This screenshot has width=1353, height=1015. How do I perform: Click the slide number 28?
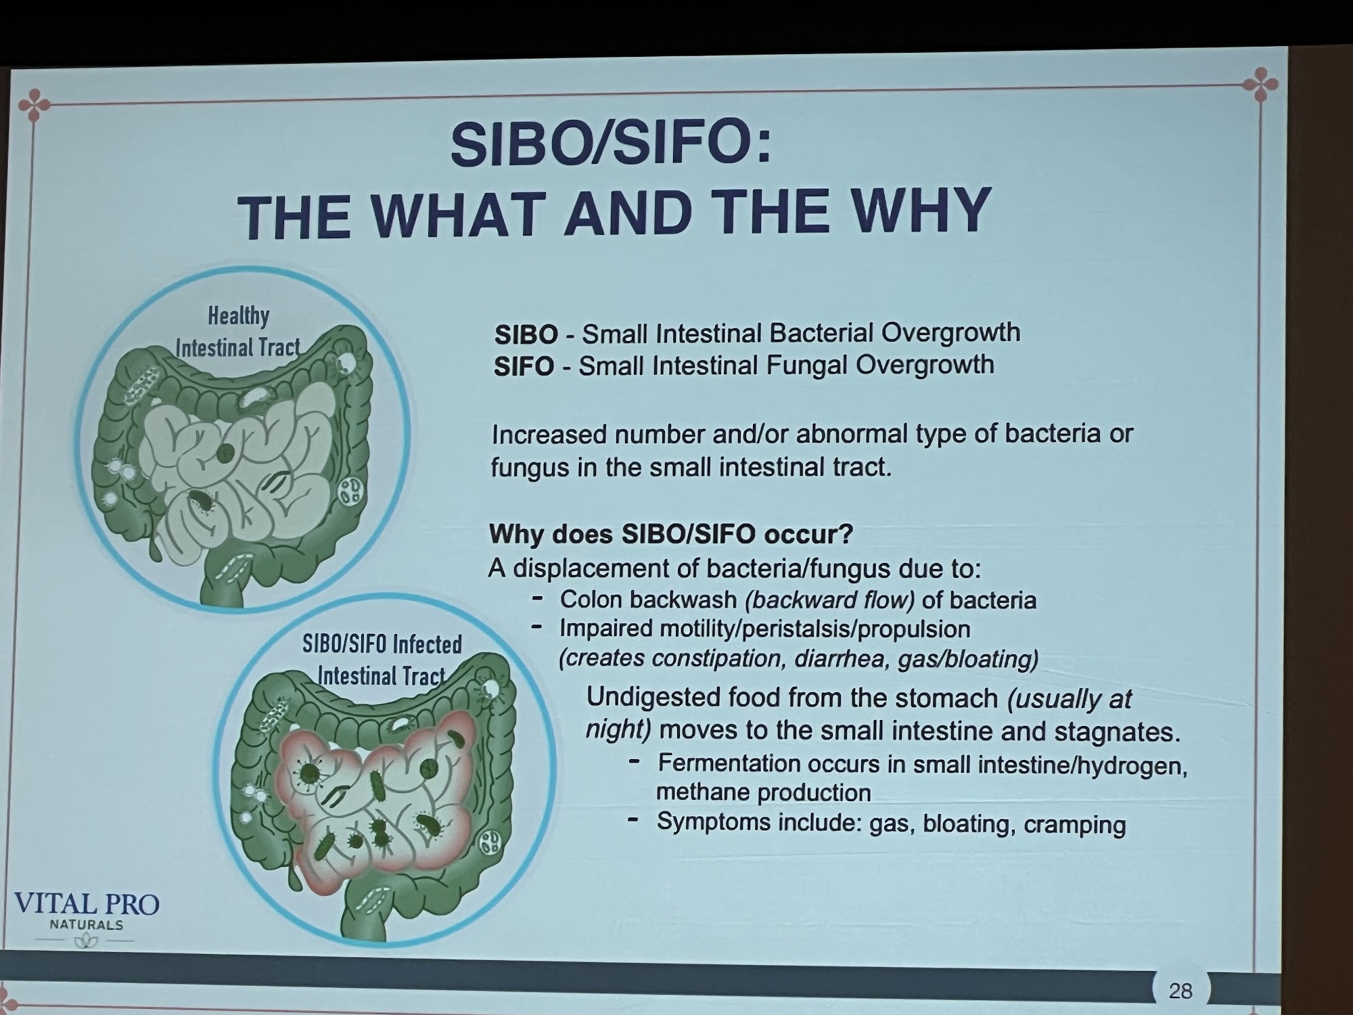tap(1180, 991)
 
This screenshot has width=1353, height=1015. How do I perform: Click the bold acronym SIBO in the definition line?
tap(526, 334)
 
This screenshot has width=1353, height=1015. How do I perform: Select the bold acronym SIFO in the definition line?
tap(524, 367)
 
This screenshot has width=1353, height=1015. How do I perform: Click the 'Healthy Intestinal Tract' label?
tap(237, 332)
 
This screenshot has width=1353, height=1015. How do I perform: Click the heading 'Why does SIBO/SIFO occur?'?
tap(671, 535)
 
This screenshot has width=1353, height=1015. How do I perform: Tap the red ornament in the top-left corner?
tap(34, 106)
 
